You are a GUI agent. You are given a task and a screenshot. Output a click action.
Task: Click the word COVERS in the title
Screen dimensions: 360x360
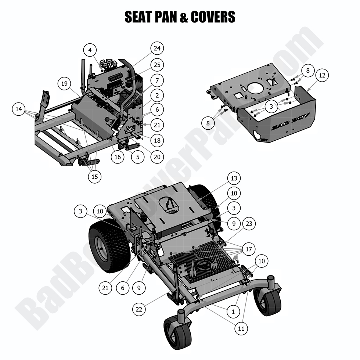[x=212, y=17]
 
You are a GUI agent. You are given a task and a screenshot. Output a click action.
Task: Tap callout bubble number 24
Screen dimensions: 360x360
[x=157, y=48]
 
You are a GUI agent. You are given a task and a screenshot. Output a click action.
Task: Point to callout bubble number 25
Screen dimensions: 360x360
[x=157, y=65]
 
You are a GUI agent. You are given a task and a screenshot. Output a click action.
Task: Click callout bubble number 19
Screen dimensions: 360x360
[x=65, y=84]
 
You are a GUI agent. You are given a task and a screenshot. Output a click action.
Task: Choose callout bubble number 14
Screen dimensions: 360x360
[x=19, y=109]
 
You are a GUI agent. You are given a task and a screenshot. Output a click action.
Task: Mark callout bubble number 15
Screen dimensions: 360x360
[x=95, y=176]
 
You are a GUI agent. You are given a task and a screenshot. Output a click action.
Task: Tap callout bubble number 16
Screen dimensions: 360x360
[x=118, y=157]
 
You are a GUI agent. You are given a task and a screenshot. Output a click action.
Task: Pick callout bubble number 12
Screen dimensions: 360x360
[x=322, y=76]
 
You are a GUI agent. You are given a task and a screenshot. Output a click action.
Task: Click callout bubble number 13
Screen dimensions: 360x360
[x=234, y=179]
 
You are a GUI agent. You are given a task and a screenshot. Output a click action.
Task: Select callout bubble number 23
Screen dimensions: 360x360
[x=249, y=223]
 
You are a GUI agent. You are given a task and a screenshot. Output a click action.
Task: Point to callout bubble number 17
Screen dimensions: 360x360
[x=249, y=249]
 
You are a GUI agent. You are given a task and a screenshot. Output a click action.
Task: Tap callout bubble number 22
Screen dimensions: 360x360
[x=138, y=310]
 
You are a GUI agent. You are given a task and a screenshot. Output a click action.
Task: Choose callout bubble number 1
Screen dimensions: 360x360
[x=233, y=312]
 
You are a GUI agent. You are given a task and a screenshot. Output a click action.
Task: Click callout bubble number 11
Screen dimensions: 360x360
[x=241, y=328]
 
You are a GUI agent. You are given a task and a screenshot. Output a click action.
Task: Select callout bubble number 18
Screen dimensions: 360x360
[x=157, y=140]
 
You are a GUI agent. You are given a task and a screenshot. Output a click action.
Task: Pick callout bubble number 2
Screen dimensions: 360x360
[x=157, y=96]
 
